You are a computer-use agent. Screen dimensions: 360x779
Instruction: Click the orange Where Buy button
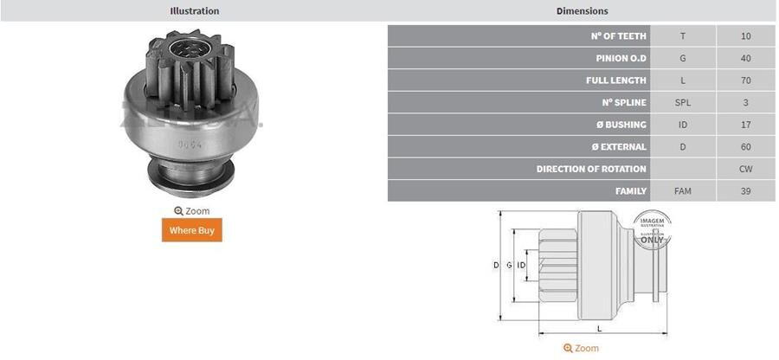[191, 230]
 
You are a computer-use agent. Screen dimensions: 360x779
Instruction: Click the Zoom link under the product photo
[191, 210]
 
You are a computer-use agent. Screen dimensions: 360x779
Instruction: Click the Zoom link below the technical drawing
[581, 348]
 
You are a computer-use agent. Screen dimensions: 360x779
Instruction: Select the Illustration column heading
[194, 11]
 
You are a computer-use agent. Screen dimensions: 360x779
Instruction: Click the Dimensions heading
[582, 11]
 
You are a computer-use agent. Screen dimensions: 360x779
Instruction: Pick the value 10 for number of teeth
[746, 36]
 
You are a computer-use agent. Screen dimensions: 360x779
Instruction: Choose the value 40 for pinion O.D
[746, 58]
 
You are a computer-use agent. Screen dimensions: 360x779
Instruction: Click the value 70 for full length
[746, 80]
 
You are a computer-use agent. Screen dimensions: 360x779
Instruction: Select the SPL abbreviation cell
[683, 102]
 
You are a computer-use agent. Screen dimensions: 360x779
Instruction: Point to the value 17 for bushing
[746, 125]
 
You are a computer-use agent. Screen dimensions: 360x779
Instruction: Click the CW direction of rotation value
[746, 169]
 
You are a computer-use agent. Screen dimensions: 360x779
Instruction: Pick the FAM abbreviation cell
[683, 190]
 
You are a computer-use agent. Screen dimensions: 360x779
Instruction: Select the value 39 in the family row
[746, 190]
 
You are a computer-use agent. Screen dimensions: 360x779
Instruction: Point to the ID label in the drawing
[522, 265]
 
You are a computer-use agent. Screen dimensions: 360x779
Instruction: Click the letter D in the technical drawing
[496, 265]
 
